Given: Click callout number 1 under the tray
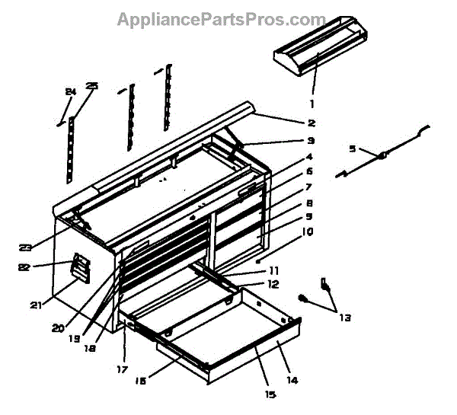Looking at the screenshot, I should [311, 103].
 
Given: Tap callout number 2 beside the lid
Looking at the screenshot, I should [312, 123].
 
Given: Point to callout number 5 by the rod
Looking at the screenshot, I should [352, 149].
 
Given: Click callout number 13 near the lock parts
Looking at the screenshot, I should [345, 318].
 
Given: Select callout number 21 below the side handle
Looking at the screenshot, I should [36, 305].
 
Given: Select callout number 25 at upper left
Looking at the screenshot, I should [93, 87].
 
